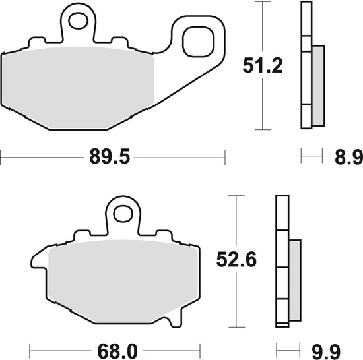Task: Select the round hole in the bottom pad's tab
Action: (123, 214)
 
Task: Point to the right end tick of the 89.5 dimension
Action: (226, 158)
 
